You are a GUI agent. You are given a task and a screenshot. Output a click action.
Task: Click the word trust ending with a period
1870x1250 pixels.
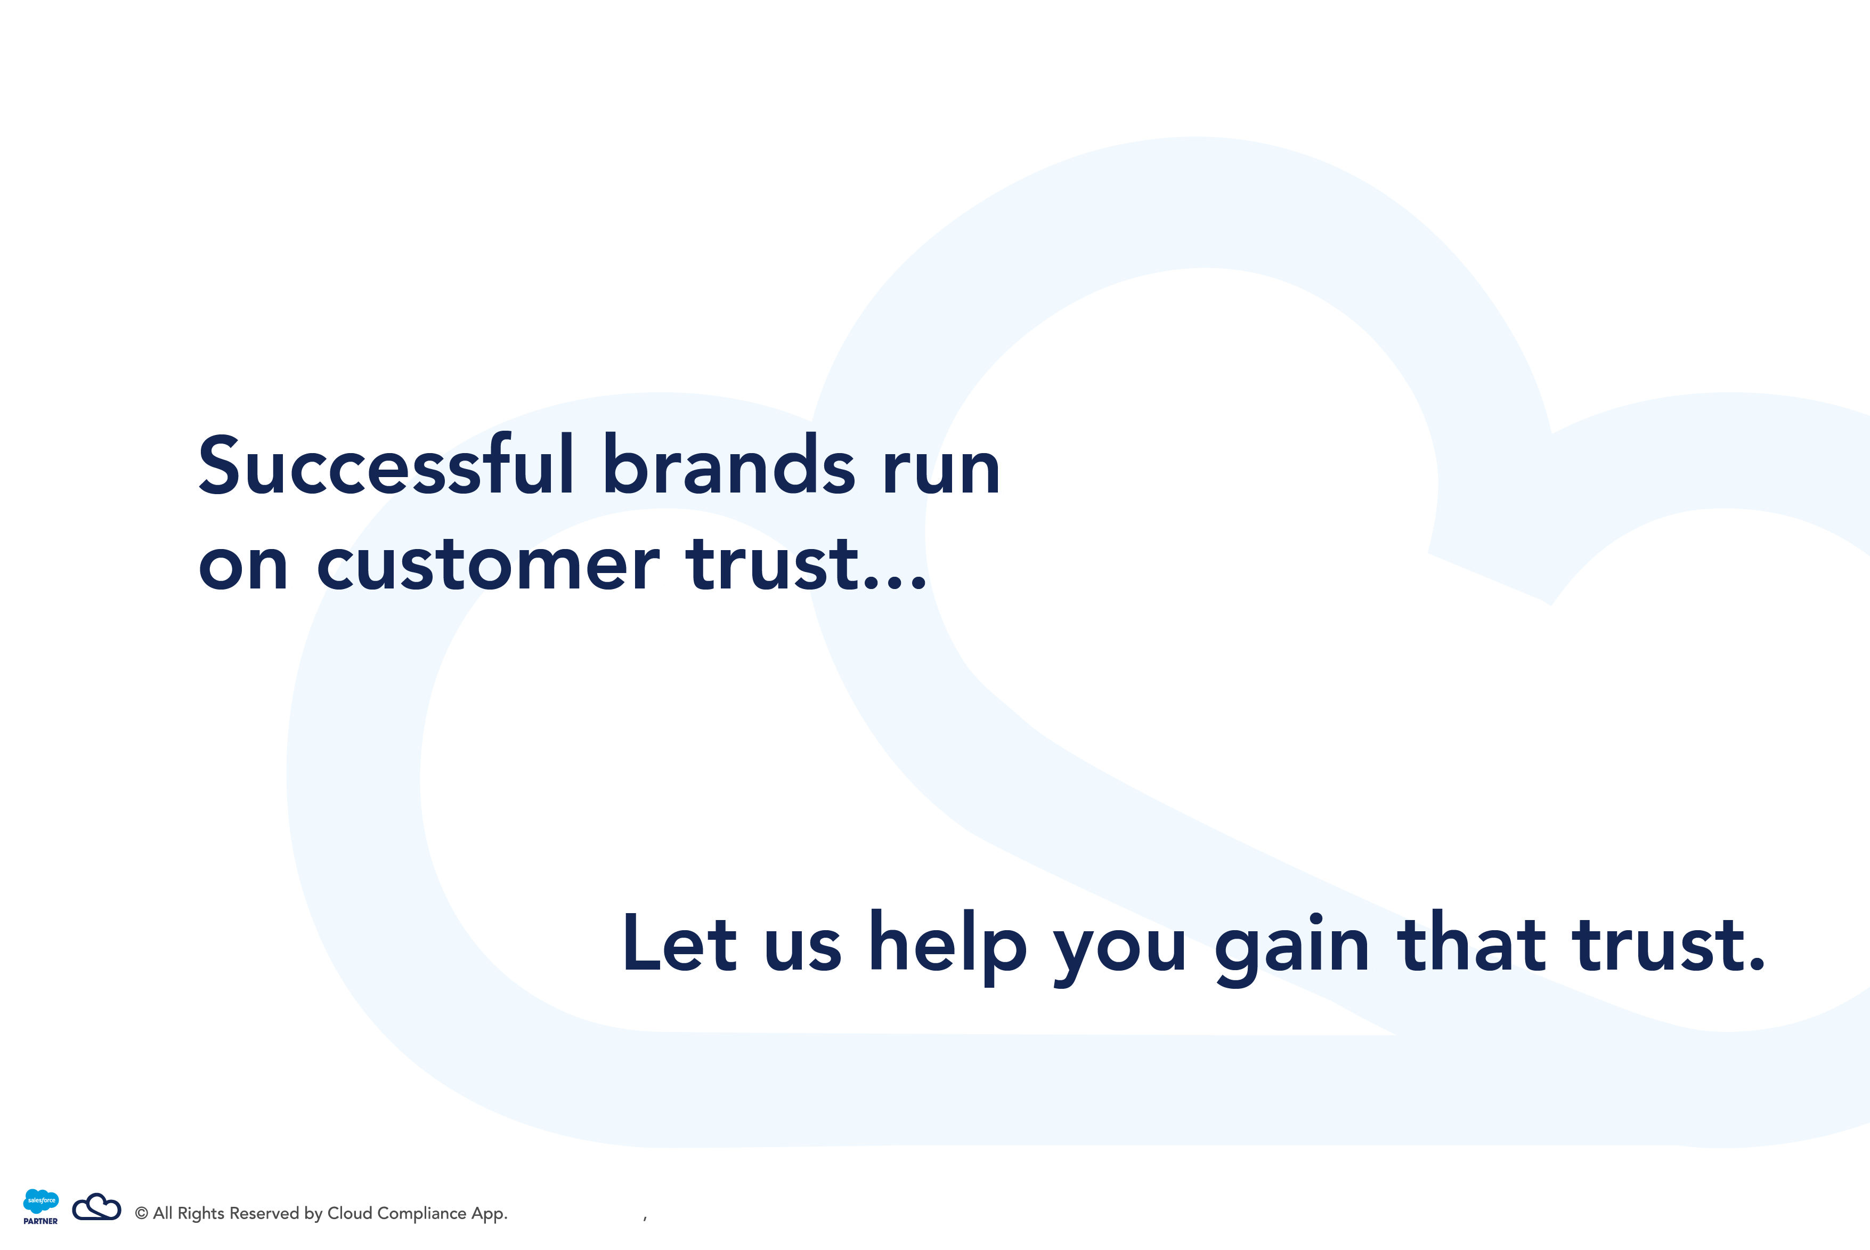coord(1669,945)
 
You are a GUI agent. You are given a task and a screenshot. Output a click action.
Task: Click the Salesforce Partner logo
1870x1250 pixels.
coord(40,1207)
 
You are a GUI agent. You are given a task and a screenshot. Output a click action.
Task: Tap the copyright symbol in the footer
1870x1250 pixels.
coord(142,1213)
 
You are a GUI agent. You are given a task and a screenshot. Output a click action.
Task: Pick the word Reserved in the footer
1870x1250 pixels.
coord(264,1213)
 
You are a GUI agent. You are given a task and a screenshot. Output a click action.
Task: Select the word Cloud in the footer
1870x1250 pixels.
coord(350,1213)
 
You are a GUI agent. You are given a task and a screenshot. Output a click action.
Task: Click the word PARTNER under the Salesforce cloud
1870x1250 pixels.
coord(40,1221)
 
